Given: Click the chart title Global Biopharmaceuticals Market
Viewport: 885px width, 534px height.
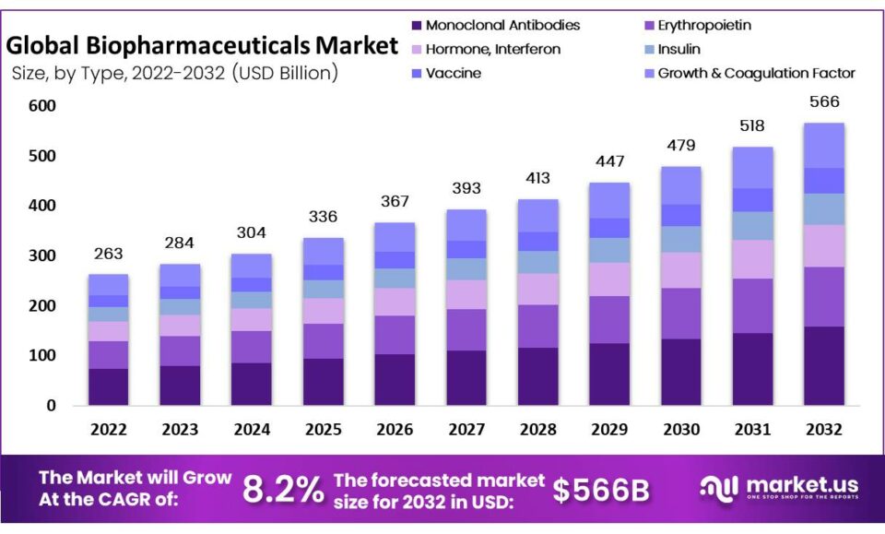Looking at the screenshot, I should pyautogui.click(x=202, y=44).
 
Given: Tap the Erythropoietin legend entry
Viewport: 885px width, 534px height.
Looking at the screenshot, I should pyautogui.click(x=702, y=26).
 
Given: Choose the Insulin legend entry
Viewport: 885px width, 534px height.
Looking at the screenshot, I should pyautogui.click(x=678, y=50).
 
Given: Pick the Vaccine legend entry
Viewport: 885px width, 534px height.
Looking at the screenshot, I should pyautogui.click(x=453, y=73).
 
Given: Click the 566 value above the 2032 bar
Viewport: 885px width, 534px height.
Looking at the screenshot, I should pyautogui.click(x=824, y=102).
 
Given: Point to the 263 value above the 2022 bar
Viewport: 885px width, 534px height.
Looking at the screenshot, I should pyautogui.click(x=108, y=254).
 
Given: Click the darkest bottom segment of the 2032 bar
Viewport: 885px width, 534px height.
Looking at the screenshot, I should pyautogui.click(x=824, y=365).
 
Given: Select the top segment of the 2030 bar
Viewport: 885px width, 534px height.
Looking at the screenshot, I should pyautogui.click(x=681, y=184).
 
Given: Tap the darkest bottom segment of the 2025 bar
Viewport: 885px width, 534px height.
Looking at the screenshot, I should pyautogui.click(x=323, y=381).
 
